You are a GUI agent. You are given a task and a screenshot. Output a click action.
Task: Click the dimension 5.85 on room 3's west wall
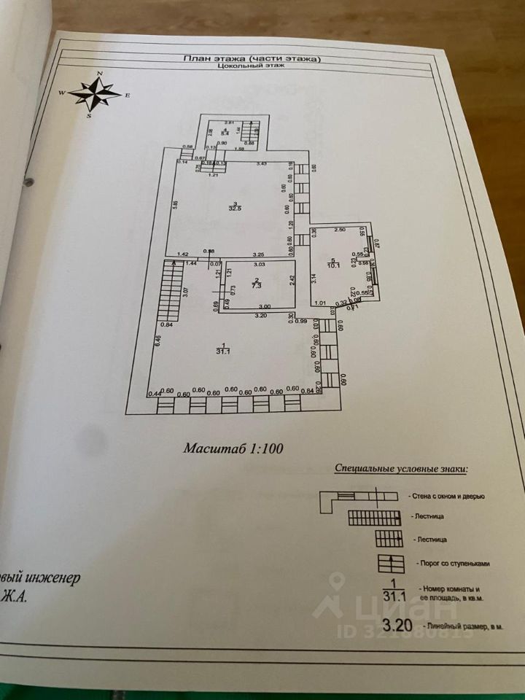pos(175,206)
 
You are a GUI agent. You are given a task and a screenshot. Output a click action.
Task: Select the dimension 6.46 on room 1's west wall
pos(158,341)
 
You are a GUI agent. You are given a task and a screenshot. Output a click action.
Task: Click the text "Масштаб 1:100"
pos(233,448)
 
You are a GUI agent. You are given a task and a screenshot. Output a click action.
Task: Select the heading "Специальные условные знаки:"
pos(400,469)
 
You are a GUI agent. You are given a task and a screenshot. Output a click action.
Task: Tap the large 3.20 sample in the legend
pos(397,624)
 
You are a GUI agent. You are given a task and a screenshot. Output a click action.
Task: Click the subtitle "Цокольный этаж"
pos(250,65)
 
